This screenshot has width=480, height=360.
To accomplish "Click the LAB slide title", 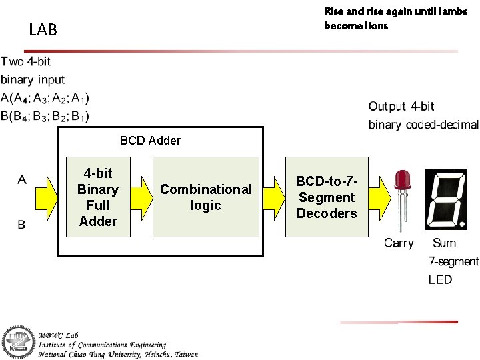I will [x=43, y=30].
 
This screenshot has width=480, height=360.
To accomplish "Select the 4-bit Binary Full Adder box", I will [x=98, y=197].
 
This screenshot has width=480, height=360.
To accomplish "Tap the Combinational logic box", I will [x=205, y=197].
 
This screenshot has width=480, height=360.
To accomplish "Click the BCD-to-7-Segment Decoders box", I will [x=326, y=197].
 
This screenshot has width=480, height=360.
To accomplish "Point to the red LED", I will [x=402, y=193].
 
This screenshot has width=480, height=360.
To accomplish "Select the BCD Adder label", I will [x=150, y=140].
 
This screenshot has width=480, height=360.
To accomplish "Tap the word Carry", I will [x=399, y=243].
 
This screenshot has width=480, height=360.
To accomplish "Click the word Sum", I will [x=445, y=243].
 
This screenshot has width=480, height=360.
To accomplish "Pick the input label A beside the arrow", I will [x=22, y=179].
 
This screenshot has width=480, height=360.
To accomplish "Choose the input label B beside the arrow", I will [x=21, y=225].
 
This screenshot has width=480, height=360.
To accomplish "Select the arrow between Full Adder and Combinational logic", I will [x=141, y=198].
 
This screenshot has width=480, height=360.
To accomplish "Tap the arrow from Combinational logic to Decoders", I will [x=272, y=198].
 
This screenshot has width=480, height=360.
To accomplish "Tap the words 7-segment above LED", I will [x=453, y=261].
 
